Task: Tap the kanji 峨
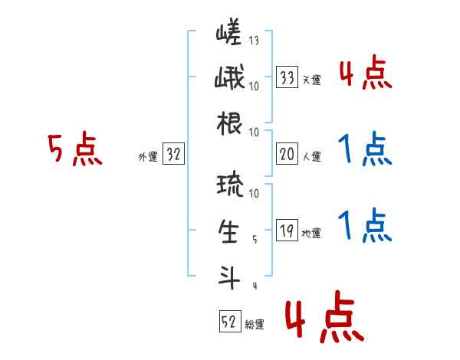coord(229,79)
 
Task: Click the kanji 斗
coord(229,275)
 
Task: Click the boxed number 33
coord(287,77)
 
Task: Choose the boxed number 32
coord(174,155)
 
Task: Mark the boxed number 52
coord(229,322)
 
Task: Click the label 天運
coord(311,79)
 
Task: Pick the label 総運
coord(255,325)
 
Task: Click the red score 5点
coord(74,149)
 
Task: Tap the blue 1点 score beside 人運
coord(364,149)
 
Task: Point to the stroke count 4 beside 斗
coord(254,286)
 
